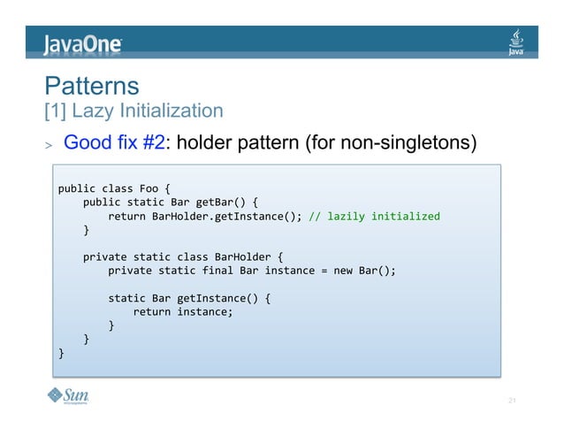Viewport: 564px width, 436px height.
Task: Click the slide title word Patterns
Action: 92,86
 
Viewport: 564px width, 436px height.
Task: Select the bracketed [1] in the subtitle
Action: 54,111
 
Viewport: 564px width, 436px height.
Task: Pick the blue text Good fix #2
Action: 114,142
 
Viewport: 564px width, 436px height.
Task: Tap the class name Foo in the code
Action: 149,188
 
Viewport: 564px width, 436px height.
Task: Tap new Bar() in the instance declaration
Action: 363,271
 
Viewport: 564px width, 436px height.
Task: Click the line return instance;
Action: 183,311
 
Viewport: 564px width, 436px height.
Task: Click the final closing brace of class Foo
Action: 61,352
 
